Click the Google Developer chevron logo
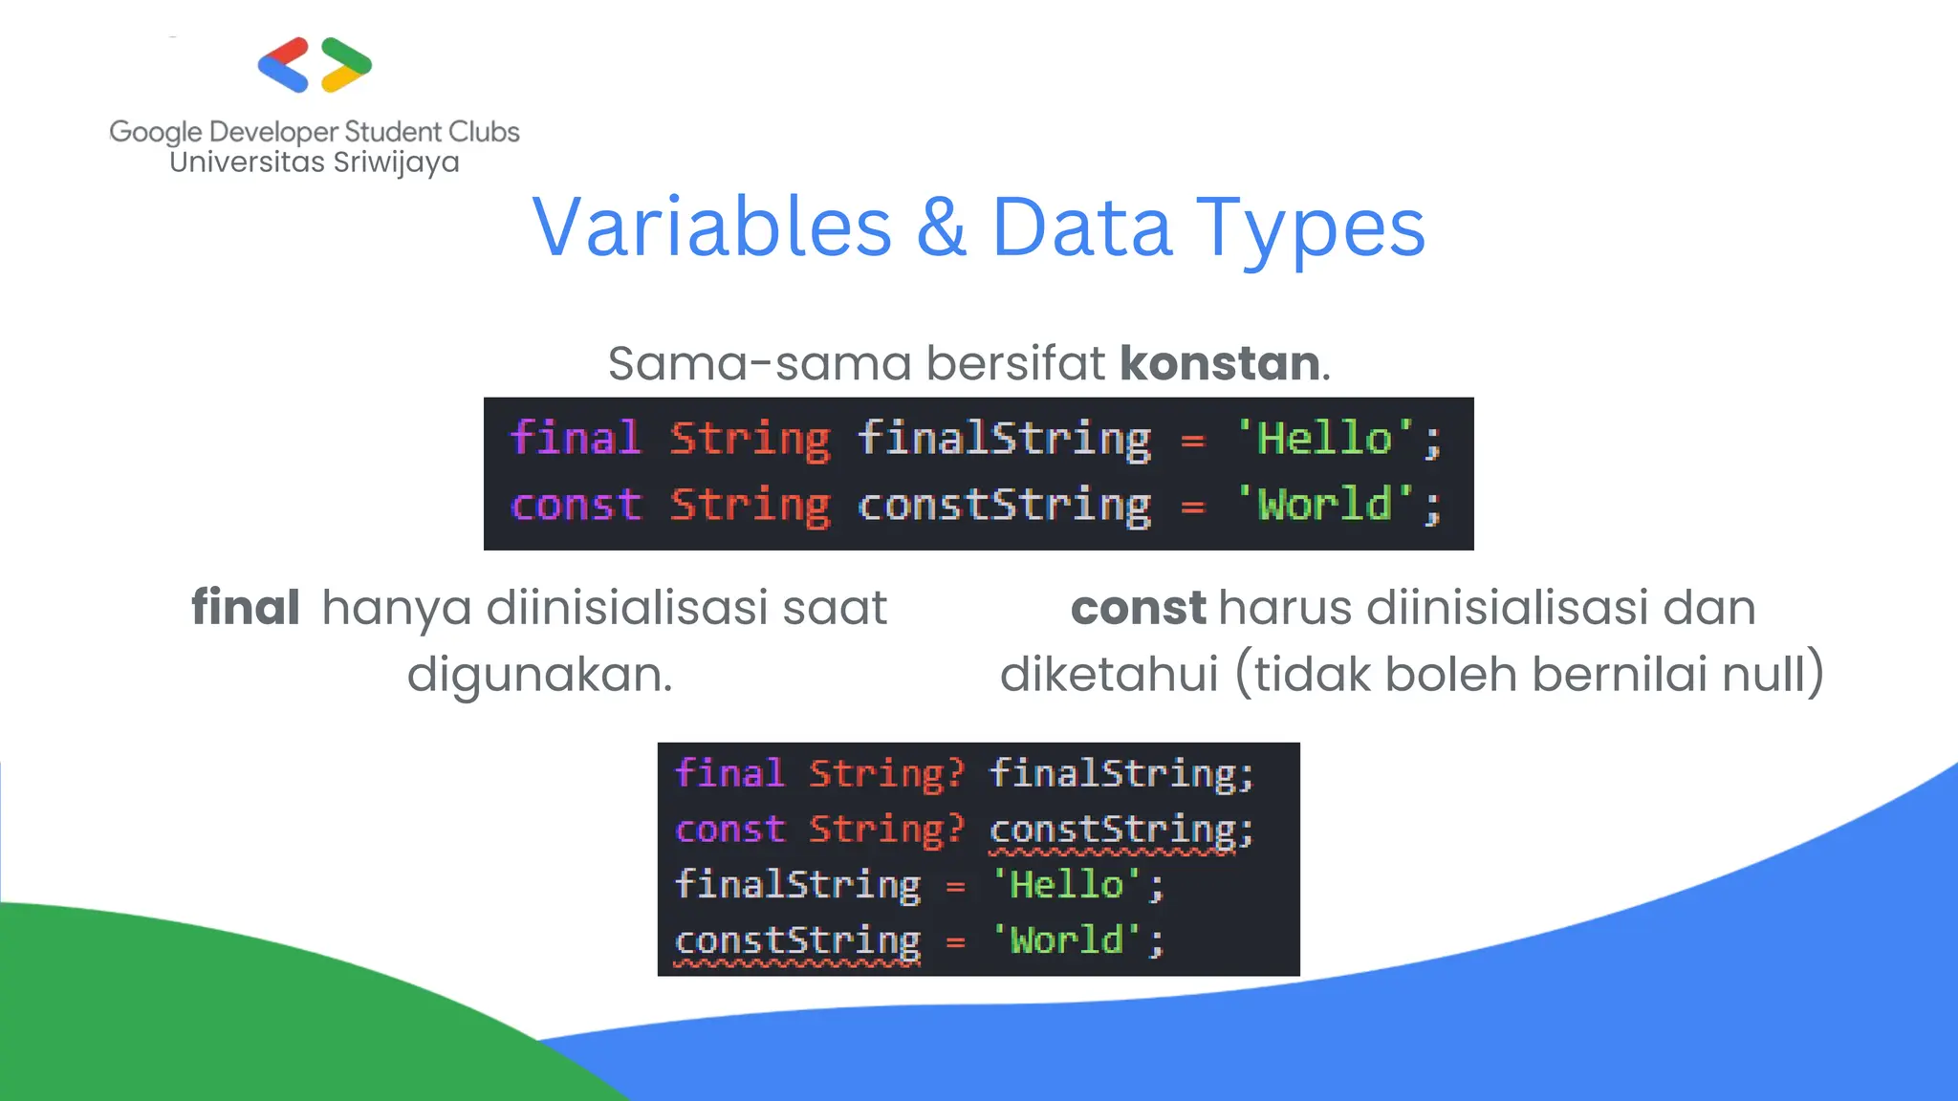click(315, 65)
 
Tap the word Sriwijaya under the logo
click(396, 162)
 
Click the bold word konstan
click(1220, 363)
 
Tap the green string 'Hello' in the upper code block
click(1325, 439)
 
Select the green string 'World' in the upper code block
click(1325, 505)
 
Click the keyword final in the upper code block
click(575, 439)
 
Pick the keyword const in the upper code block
click(576, 505)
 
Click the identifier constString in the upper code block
click(1004, 505)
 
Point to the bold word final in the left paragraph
click(246, 608)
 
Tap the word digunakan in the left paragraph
click(538, 674)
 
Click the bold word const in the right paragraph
click(1138, 608)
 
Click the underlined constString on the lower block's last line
click(797, 941)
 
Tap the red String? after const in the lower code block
click(887, 830)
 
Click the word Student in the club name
click(393, 132)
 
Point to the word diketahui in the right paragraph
click(1109, 674)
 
